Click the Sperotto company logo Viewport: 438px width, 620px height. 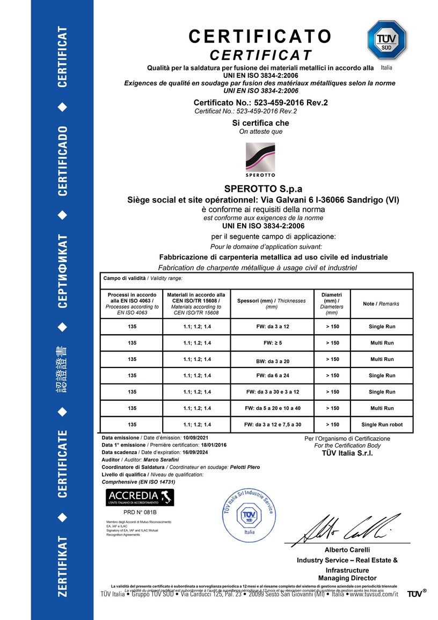click(260, 160)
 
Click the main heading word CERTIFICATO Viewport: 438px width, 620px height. click(260, 37)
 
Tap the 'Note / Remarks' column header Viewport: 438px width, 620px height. click(381, 304)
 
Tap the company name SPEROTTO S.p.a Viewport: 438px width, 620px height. click(262, 189)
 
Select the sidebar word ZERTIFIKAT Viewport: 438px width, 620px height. click(63, 566)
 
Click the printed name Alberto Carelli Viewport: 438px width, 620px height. click(347, 550)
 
